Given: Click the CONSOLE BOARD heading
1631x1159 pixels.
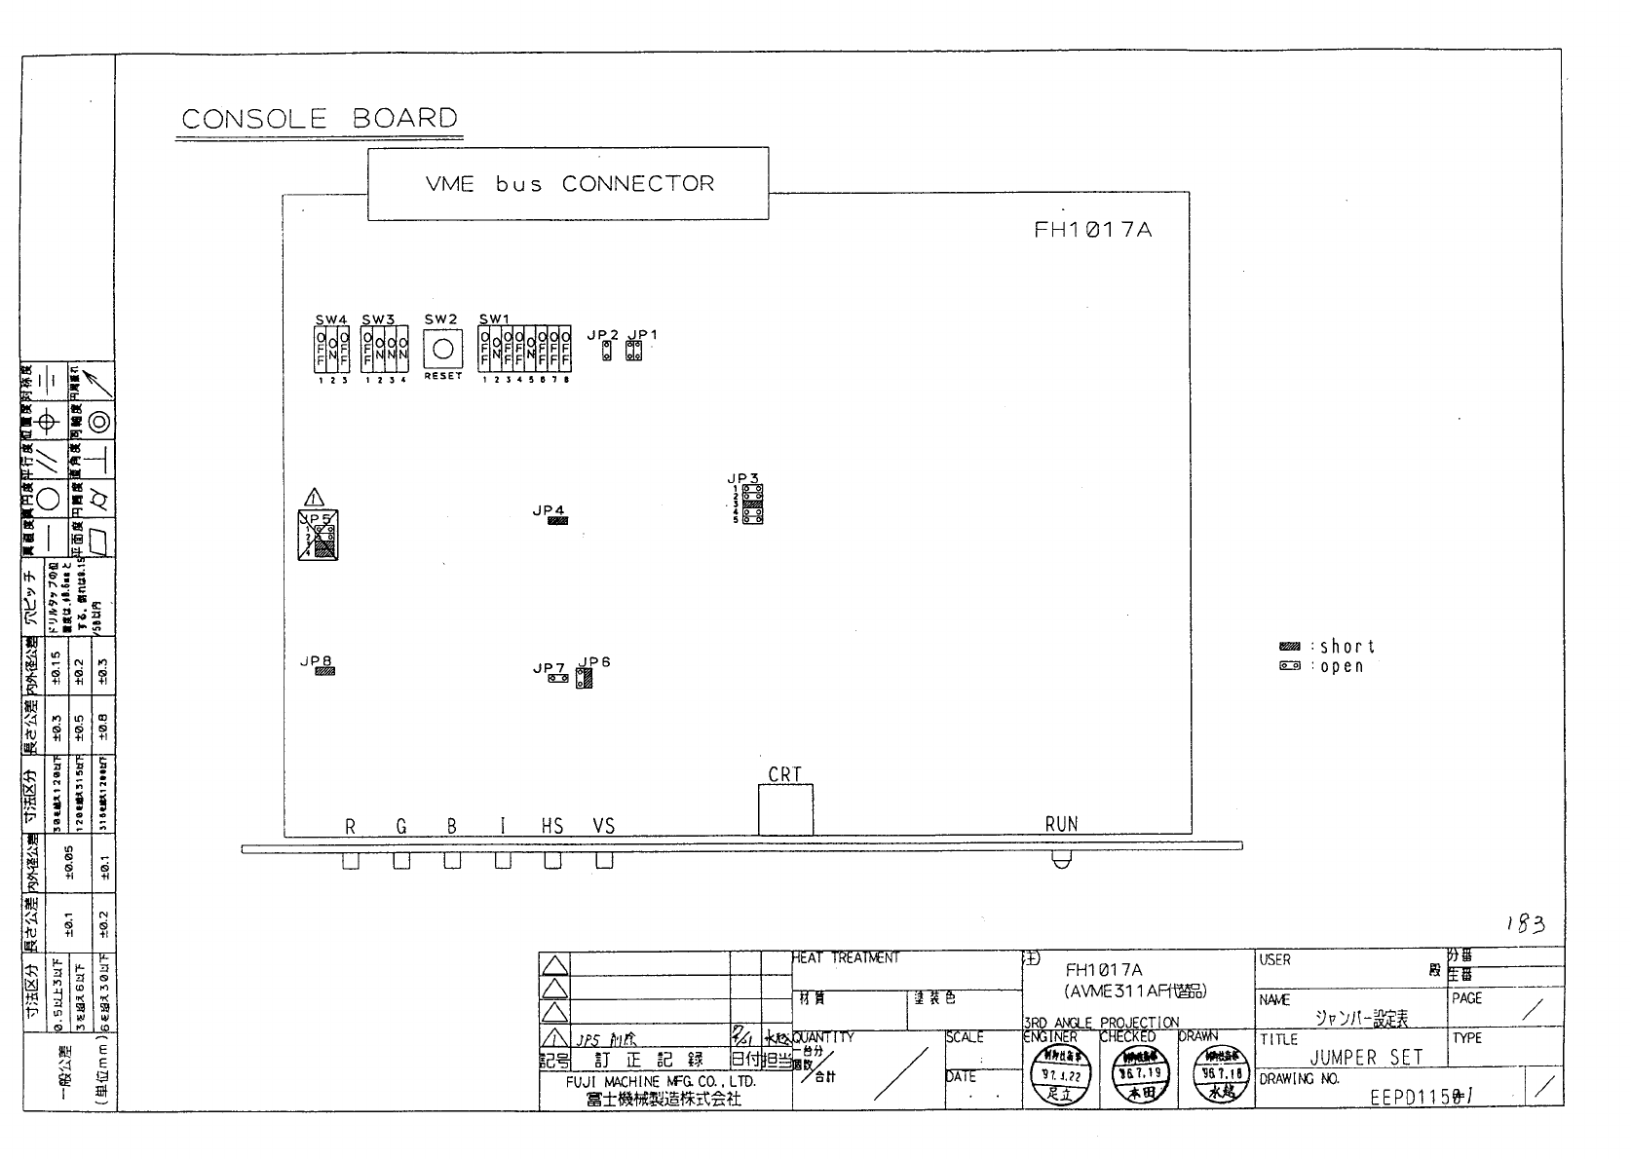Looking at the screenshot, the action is click(320, 119).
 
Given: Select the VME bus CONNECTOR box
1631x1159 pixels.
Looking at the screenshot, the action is click(568, 183).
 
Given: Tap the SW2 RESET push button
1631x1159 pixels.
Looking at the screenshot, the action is click(443, 349).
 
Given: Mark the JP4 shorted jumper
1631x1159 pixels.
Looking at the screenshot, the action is click(557, 521).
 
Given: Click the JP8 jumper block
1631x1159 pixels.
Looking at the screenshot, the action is click(324, 671).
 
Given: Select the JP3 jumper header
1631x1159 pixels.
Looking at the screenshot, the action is click(752, 505).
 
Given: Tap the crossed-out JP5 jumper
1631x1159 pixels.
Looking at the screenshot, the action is click(319, 535).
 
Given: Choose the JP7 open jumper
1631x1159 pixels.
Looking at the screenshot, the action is click(558, 678).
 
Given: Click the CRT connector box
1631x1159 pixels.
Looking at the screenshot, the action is click(785, 809).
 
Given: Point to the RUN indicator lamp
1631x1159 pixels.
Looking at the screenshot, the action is click(1061, 860).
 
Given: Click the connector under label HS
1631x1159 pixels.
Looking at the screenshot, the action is click(552, 861).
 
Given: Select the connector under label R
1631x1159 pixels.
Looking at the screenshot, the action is click(351, 861).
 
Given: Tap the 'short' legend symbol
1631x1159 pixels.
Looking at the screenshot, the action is click(1289, 646).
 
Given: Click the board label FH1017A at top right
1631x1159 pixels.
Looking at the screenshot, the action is click(1092, 231).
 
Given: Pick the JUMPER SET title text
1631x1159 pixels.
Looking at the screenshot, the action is click(1366, 1058).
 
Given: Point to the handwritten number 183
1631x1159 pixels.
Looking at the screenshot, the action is click(1525, 923).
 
